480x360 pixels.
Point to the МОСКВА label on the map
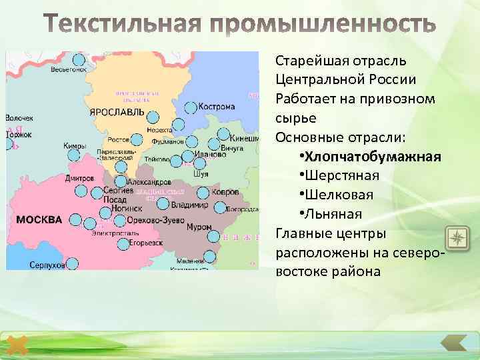(39, 219)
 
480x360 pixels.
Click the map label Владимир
(190, 205)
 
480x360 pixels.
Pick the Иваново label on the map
(210, 155)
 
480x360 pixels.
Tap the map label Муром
(199, 227)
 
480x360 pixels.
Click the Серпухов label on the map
(47, 265)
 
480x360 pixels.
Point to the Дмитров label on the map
(79, 179)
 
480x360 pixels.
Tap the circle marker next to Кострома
(191, 107)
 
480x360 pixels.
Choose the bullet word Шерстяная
(342, 176)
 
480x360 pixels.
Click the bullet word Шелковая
(339, 195)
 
